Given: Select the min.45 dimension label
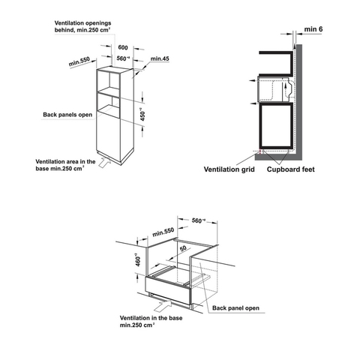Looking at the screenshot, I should pos(159,58).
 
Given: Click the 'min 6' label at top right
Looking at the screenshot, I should pos(313,29).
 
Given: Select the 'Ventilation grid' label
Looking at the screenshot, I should pos(229,170).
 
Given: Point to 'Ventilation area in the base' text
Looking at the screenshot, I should pos(63,165).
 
